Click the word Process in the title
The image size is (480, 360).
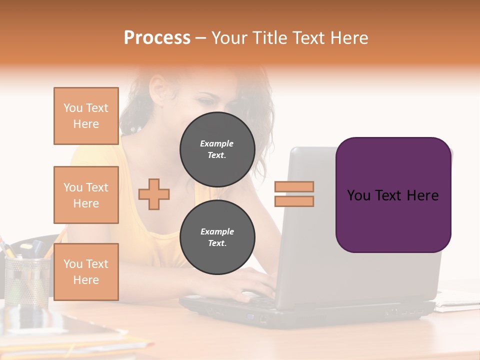coord(157,38)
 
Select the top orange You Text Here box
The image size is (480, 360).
coord(86,116)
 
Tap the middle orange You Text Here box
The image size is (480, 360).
coord(86,195)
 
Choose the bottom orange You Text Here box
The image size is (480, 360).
coord(86,272)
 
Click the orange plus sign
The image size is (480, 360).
coord(154,193)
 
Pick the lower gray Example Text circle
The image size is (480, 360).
coord(217,237)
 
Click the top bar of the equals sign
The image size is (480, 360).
coord(294,186)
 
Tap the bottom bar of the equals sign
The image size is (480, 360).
coord(294,201)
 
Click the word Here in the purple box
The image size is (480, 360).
coord(422,195)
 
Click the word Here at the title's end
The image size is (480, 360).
coord(349,38)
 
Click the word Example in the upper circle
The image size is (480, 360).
coord(217,143)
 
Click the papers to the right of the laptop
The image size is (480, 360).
coord(457,300)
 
